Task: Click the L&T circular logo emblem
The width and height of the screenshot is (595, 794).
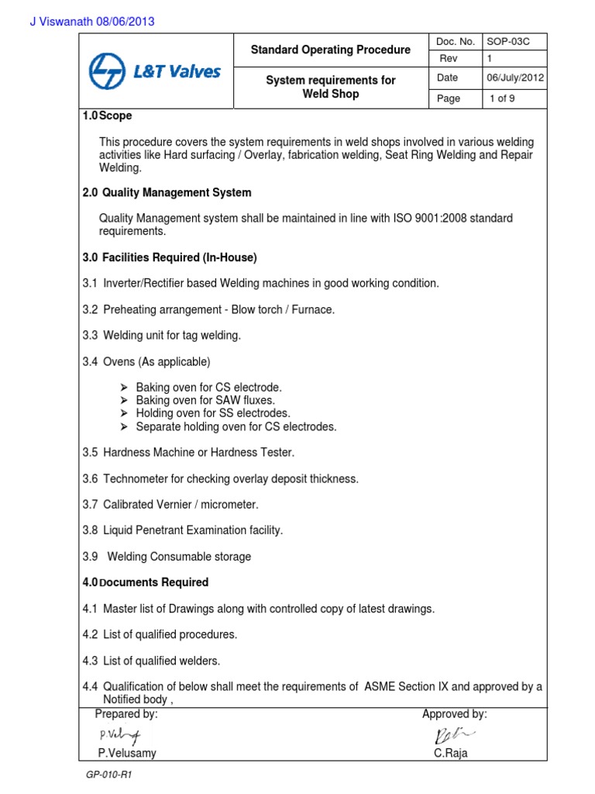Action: [110, 72]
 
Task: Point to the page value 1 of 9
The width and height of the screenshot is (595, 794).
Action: [507, 98]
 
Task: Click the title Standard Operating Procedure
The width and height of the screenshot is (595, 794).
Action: [331, 50]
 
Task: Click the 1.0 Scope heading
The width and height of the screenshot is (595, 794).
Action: [108, 116]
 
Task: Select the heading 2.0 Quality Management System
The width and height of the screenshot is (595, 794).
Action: [167, 192]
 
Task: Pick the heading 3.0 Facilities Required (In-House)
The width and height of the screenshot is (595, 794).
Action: [170, 257]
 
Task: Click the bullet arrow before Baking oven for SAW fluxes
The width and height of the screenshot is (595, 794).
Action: [124, 400]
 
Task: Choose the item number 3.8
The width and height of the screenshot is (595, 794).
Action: [91, 530]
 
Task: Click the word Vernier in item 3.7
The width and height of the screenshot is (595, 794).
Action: [180, 505]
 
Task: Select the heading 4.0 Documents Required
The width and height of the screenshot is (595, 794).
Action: [146, 582]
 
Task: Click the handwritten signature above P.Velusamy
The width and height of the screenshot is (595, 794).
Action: [120, 734]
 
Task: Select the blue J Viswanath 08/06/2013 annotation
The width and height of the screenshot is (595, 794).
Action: [92, 22]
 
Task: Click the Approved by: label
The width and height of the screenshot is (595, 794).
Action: [454, 714]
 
